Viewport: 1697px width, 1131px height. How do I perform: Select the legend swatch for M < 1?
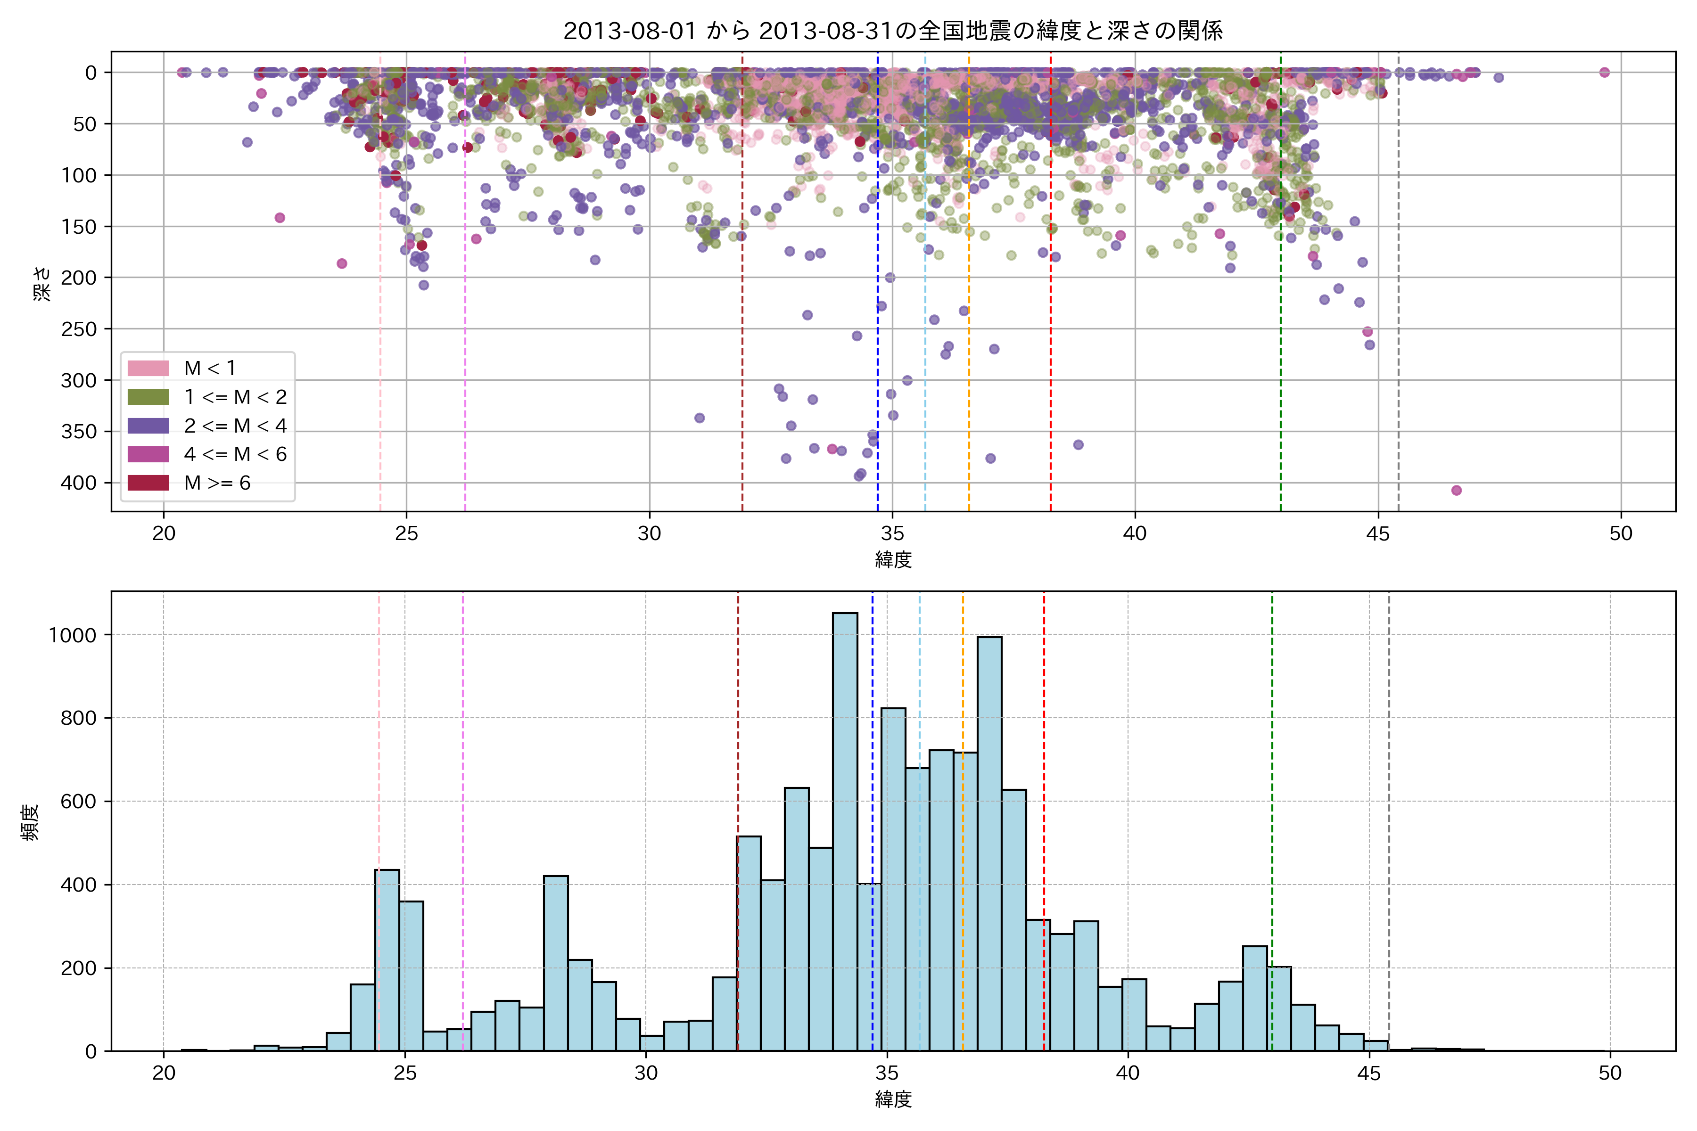pyautogui.click(x=148, y=369)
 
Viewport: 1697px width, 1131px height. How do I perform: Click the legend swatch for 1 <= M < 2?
pyautogui.click(x=148, y=397)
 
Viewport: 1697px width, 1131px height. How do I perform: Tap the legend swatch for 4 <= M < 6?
pyautogui.click(x=148, y=454)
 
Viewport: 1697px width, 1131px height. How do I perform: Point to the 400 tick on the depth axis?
pyautogui.click(x=79, y=484)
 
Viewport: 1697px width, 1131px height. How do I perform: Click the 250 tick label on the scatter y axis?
pyautogui.click(x=79, y=329)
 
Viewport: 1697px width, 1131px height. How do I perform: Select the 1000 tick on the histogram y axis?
pyautogui.click(x=72, y=635)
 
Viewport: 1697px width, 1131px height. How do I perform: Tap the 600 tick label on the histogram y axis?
pyautogui.click(x=79, y=802)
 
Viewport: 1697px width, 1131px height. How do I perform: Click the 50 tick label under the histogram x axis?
pyautogui.click(x=1610, y=1074)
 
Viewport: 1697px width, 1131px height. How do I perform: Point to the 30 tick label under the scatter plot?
pyautogui.click(x=650, y=534)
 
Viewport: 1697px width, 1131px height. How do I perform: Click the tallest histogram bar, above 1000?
pyautogui.click(x=845, y=829)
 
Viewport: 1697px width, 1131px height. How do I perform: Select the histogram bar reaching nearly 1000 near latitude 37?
pyautogui.click(x=989, y=844)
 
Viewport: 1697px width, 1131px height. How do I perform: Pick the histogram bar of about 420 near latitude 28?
pyautogui.click(x=556, y=963)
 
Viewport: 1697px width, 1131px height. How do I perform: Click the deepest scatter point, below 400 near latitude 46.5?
pyautogui.click(x=1456, y=491)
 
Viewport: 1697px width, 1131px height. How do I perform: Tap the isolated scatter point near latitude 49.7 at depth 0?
pyautogui.click(x=1604, y=72)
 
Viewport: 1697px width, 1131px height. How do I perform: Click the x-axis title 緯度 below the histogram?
pyautogui.click(x=893, y=1099)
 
